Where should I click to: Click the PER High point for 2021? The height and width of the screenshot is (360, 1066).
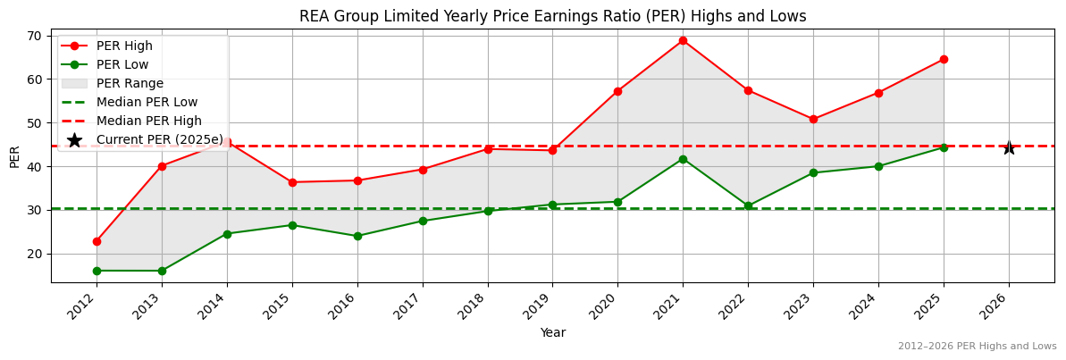683,40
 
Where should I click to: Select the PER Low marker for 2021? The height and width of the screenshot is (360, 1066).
683,159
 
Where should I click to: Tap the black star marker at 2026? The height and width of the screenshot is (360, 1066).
1009,147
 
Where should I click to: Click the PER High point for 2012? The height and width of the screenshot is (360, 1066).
97,241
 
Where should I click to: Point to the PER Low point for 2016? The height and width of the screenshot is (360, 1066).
357,236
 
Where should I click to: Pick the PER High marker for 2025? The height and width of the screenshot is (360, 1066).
944,59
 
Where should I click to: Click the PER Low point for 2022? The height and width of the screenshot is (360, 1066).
748,206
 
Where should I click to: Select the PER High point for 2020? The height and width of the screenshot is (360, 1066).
617,91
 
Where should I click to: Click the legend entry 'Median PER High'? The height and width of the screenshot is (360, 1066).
148,121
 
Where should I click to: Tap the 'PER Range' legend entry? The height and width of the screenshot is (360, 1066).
130,83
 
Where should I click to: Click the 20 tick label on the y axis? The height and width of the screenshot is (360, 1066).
37,254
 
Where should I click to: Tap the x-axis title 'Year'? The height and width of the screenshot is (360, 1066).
552,333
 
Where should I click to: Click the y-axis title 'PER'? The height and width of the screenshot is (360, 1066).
14,156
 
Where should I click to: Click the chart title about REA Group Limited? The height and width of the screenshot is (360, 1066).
552,16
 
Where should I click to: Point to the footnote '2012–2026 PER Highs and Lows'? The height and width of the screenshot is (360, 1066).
977,346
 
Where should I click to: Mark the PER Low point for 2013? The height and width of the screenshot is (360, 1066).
162,271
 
